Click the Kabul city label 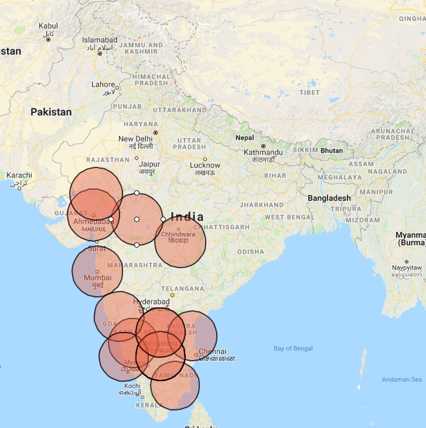[x=48, y=26]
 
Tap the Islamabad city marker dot [x=100, y=53]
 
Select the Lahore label [x=103, y=84]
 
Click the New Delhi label [x=135, y=139]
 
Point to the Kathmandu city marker [x=263, y=146]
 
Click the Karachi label [x=19, y=175]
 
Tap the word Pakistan [x=51, y=112]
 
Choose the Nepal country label [x=244, y=138]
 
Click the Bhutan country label [x=332, y=150]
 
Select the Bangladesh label [x=329, y=198]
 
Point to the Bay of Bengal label [x=293, y=348]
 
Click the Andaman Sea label [x=401, y=379]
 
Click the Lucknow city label [x=205, y=166]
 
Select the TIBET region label [x=309, y=93]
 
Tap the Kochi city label [x=132, y=386]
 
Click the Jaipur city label [x=149, y=165]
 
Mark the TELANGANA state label [x=183, y=289]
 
